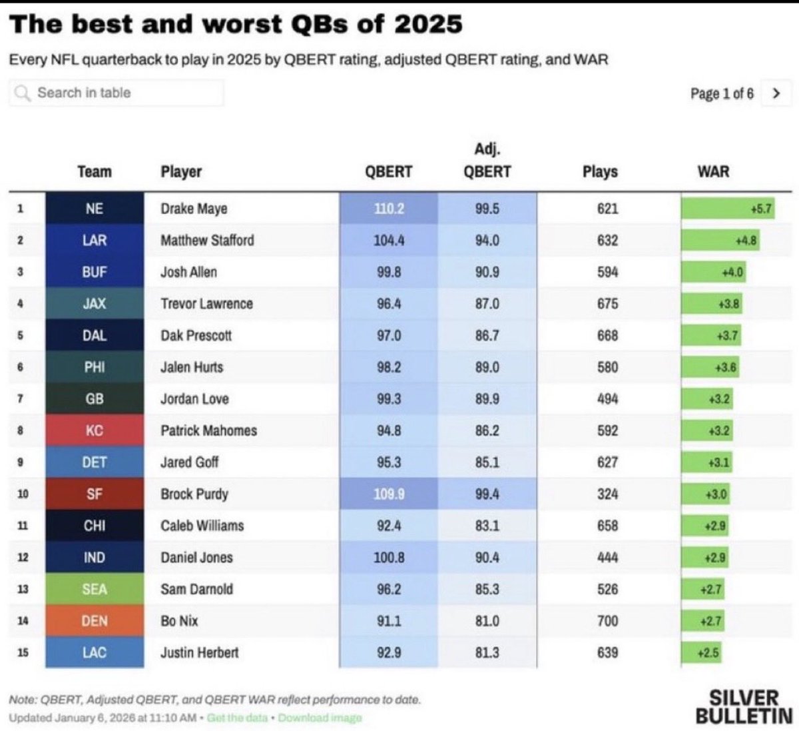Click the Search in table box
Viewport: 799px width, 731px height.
click(x=117, y=93)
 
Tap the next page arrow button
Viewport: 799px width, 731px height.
click(x=776, y=93)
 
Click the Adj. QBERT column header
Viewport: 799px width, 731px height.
click(x=487, y=161)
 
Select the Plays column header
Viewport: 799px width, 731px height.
click(x=600, y=172)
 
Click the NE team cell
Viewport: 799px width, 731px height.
click(x=95, y=209)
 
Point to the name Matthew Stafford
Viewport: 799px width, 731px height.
click(x=207, y=240)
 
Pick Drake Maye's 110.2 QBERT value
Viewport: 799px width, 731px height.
click(x=389, y=209)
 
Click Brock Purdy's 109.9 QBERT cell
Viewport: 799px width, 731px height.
click(x=389, y=494)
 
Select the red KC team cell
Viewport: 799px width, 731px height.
click(x=95, y=430)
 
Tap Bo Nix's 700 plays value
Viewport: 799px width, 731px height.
click(x=607, y=621)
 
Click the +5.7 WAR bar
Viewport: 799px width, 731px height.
click(x=728, y=209)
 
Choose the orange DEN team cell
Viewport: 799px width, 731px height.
click(x=95, y=621)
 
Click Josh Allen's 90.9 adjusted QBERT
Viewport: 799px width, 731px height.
click(x=487, y=272)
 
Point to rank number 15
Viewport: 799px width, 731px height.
click(x=23, y=652)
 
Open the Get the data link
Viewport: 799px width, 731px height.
click(x=237, y=718)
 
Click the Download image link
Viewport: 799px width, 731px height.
click(x=320, y=718)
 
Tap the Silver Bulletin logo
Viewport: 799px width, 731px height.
click(x=744, y=707)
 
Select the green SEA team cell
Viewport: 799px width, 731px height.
click(x=95, y=589)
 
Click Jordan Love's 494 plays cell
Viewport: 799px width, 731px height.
click(x=607, y=398)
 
